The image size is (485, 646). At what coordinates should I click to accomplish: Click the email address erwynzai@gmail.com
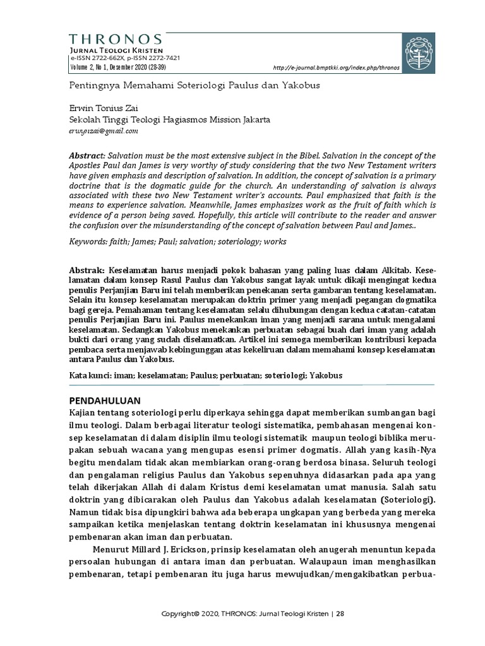(x=103, y=131)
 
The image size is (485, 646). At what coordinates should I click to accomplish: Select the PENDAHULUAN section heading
(x=104, y=400)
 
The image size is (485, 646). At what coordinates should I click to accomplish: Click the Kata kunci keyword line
(x=205, y=375)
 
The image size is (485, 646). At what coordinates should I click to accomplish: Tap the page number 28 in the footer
(x=340, y=613)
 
